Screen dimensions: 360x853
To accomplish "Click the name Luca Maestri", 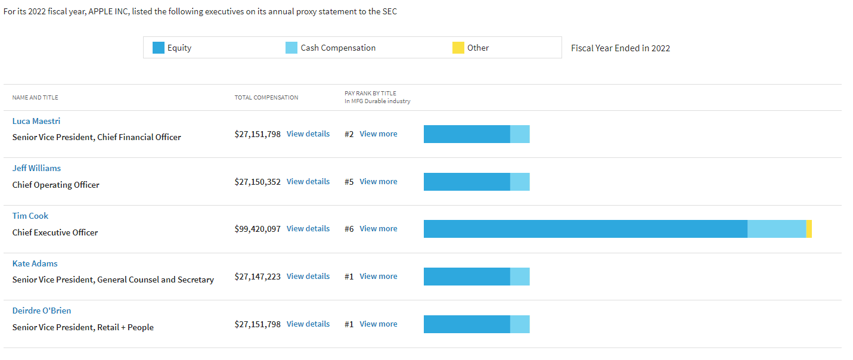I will point(36,121).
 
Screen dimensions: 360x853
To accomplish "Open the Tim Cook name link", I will point(30,216).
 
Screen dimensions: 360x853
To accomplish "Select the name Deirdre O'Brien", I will point(42,311).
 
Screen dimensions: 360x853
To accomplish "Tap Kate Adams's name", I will point(35,263).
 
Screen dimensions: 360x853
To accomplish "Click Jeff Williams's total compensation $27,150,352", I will point(258,182).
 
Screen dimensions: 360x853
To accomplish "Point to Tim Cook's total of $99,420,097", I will point(258,229).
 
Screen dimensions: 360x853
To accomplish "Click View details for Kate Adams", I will point(308,276).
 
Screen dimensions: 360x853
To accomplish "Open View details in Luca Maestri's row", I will point(308,134).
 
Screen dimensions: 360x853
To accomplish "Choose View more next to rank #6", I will point(379,229).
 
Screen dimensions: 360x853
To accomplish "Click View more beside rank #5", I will point(379,182).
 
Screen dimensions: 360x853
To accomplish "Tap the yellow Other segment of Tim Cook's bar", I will point(809,229).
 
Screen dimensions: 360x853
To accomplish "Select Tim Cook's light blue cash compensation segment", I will point(777,229).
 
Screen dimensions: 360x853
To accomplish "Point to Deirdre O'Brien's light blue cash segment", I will point(520,324).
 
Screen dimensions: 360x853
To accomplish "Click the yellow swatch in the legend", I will point(458,48).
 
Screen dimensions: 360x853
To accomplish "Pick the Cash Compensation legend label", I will point(338,48).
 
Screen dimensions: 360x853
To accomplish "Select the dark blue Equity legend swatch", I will point(158,48).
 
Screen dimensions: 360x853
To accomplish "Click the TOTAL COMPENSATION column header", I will point(266,98).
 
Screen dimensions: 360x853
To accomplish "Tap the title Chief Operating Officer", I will point(56,185).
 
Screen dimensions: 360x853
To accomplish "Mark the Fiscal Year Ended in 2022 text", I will point(621,48).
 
